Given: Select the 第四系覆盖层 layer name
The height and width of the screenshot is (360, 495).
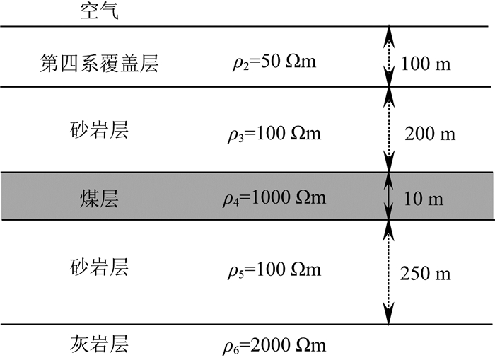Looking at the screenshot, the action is [98, 64].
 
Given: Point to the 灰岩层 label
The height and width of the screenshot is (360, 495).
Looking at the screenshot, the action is [98, 346].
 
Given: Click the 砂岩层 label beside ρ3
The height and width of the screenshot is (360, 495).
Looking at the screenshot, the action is [98, 132].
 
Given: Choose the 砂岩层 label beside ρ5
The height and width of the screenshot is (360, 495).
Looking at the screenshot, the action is [98, 269].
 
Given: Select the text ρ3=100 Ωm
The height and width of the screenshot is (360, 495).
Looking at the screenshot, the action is [274, 133].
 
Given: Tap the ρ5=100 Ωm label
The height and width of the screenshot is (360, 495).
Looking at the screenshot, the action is [274, 270].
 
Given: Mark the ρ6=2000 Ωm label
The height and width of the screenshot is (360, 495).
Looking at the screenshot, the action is [274, 346].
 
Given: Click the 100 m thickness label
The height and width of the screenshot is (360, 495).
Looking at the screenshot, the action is [425, 65].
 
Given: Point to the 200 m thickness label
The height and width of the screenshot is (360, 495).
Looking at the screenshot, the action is [429, 133].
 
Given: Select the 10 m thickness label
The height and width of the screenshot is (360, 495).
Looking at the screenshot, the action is [424, 199].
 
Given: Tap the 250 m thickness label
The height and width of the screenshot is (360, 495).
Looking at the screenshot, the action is [424, 273].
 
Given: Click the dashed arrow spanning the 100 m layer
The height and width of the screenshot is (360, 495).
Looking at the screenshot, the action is [388, 57].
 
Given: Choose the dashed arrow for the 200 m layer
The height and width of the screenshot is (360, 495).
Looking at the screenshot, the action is [388, 129].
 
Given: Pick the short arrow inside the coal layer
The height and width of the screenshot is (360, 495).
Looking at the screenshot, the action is [388, 196].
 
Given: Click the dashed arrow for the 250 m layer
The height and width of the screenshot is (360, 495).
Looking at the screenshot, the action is [388, 272].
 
